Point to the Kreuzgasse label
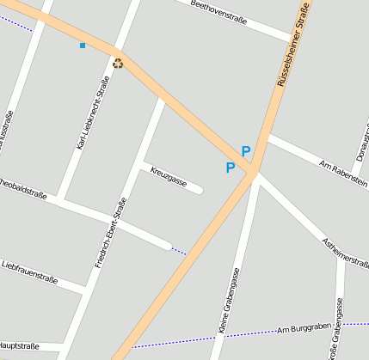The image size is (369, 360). coord(169,176)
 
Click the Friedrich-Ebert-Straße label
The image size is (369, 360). coord(110,233)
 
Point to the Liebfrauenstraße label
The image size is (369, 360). coord(29,272)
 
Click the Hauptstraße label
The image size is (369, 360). coord(19,346)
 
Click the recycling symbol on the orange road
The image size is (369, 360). coord(118,62)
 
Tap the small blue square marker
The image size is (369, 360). coord(83,45)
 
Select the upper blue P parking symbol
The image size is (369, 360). coord(246,151)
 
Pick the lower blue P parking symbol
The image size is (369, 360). coord(230,168)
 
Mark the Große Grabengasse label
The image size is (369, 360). coord(336,330)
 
